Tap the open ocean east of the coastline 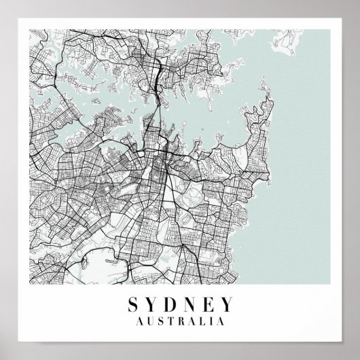(312, 170)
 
